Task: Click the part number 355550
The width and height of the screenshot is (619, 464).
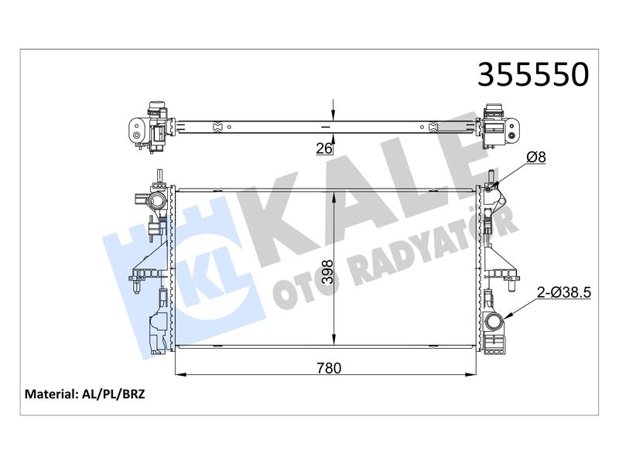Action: (533, 74)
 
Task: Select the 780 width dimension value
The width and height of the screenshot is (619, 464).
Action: (329, 368)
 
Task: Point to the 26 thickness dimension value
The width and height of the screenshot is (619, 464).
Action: (323, 148)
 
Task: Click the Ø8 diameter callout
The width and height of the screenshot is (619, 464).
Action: (536, 157)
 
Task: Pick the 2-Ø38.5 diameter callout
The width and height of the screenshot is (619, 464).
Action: (564, 292)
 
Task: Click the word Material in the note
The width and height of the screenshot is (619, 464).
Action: (50, 394)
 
